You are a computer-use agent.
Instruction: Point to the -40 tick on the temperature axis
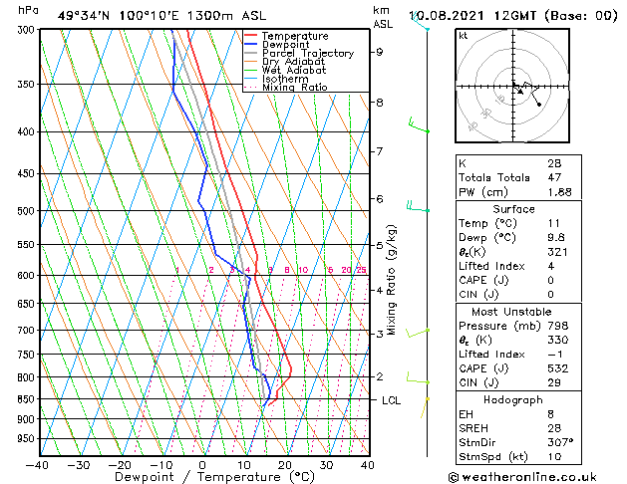click(x=37, y=464)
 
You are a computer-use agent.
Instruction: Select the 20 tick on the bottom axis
click(x=284, y=464)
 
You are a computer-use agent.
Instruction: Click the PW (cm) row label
click(x=482, y=191)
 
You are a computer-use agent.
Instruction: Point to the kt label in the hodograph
click(x=463, y=36)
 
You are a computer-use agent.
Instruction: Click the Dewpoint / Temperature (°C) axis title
click(x=202, y=478)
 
